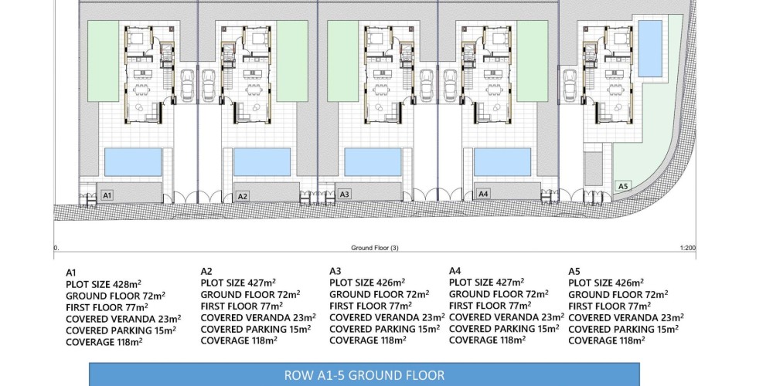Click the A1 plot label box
coord(107,195)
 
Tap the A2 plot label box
coord(242,196)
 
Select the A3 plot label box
coord(345,194)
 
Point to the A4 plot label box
coord(483,194)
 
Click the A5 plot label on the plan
coord(623,185)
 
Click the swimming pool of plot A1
coord(133,162)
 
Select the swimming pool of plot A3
coord(373,162)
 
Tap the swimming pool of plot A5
coord(650,48)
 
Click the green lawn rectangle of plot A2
coord(292,61)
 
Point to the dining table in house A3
coord(380,90)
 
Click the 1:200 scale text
coord(687,248)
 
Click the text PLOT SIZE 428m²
coord(104,284)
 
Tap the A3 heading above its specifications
coord(335,271)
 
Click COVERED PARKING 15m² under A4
coord(504,328)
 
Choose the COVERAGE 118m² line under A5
coord(607,340)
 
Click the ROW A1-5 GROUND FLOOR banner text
coord(364,376)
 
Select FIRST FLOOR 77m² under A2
coord(241,306)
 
